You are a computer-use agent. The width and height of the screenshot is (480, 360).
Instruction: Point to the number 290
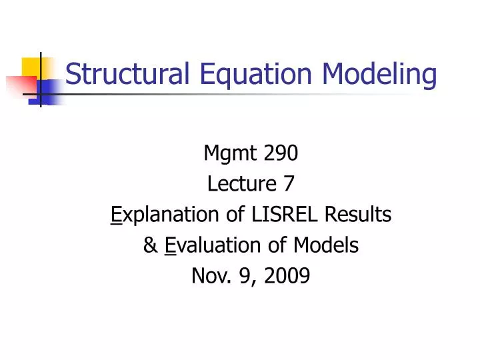[x=279, y=154]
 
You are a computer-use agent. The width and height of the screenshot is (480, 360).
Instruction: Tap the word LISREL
[x=274, y=214]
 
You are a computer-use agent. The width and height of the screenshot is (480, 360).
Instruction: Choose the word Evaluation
[x=211, y=245]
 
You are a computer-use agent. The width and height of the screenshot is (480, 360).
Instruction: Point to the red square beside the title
[x=20, y=86]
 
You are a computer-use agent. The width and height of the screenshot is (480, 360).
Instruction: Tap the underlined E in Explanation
[x=114, y=215]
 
